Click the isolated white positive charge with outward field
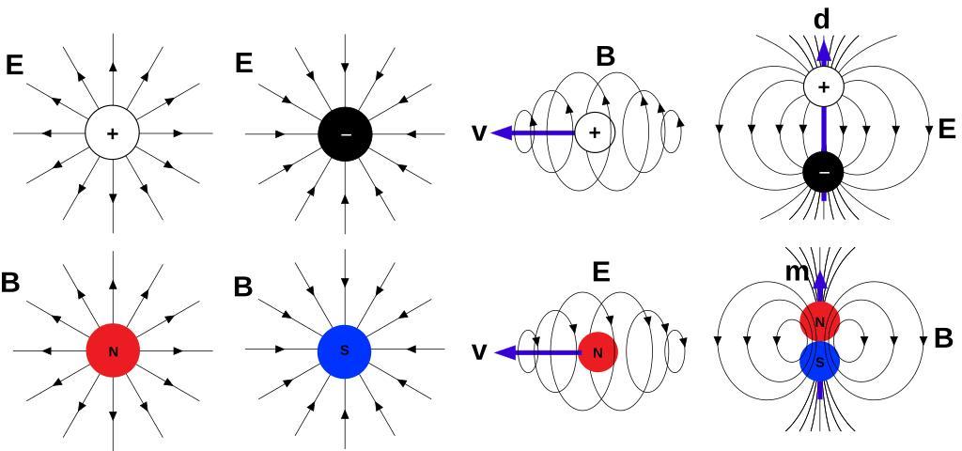point(113,133)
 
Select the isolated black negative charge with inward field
point(346,133)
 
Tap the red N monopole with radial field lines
point(113,351)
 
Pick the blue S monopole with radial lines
point(345,351)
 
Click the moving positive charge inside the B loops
point(594,133)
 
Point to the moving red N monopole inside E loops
point(597,352)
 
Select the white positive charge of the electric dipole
point(824,87)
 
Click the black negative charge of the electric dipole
point(824,172)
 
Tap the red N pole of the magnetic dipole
point(820,322)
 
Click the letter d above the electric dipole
point(821,20)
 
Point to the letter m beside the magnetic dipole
point(797,272)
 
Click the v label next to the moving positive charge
point(478,133)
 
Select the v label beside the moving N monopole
point(478,352)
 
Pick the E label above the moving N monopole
point(601,272)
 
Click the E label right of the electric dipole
point(946,130)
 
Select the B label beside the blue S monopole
point(242,288)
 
